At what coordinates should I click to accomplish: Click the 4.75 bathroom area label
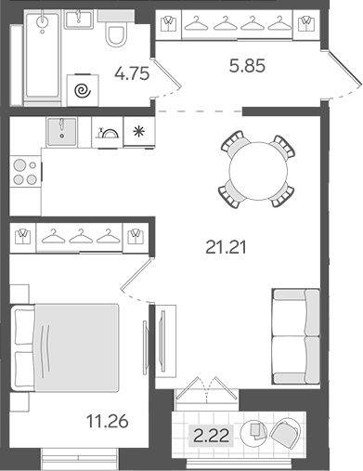tap(132, 73)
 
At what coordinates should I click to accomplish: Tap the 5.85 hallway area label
tap(247, 66)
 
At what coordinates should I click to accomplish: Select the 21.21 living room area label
tap(226, 247)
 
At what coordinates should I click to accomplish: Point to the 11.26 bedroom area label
tap(107, 422)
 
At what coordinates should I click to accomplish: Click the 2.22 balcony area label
tap(212, 436)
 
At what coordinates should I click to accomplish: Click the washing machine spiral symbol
tap(83, 91)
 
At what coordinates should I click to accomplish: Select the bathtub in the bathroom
tap(43, 57)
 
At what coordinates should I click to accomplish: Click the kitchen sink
tap(61, 132)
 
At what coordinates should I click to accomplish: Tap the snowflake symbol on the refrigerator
tap(139, 132)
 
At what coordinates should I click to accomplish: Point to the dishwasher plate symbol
tap(108, 133)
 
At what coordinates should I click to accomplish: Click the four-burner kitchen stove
tap(25, 171)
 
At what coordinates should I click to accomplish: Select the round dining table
tap(259, 171)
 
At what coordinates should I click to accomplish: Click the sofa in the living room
tap(296, 336)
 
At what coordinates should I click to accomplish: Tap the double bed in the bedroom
tap(66, 347)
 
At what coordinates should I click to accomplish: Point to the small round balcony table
tap(254, 430)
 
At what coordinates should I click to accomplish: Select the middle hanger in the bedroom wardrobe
tap(81, 236)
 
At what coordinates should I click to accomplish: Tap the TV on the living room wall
tap(162, 341)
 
